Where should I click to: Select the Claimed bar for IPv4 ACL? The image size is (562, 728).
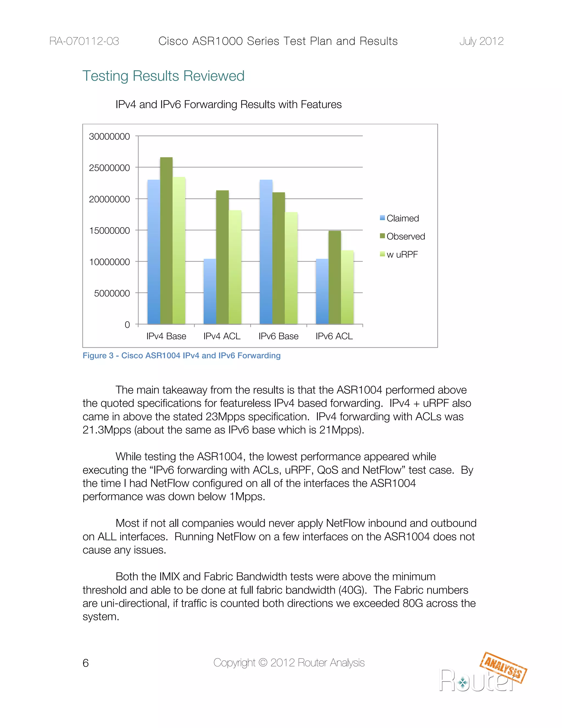[210, 291]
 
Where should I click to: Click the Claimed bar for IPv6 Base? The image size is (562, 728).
[266, 252]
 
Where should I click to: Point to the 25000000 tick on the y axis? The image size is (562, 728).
[109, 168]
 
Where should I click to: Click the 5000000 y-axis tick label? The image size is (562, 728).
[112, 293]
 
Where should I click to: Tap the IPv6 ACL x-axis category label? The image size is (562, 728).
[334, 336]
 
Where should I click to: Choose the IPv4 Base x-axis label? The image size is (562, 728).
[166, 336]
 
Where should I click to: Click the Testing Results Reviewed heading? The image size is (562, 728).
[163, 76]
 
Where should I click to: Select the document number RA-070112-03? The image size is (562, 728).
[84, 41]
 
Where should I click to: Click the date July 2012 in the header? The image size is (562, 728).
[481, 41]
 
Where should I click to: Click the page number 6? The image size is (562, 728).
[86, 663]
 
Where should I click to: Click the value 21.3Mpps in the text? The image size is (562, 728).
[107, 430]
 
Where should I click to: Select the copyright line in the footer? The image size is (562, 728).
[289, 663]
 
